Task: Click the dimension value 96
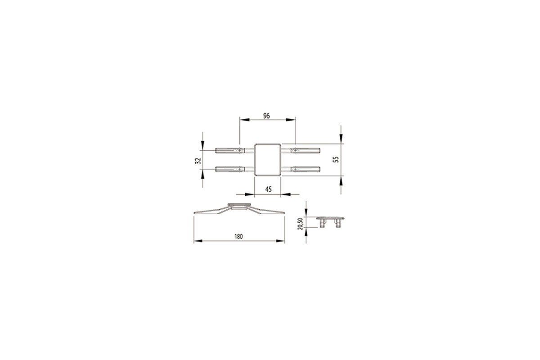266,116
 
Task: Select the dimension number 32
198,161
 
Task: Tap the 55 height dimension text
336,159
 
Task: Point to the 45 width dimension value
268,189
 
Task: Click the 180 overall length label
238,237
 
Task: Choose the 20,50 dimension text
300,224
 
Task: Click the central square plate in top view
268,160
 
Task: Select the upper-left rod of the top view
230,151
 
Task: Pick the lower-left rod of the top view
230,169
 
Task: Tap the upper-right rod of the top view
306,151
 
